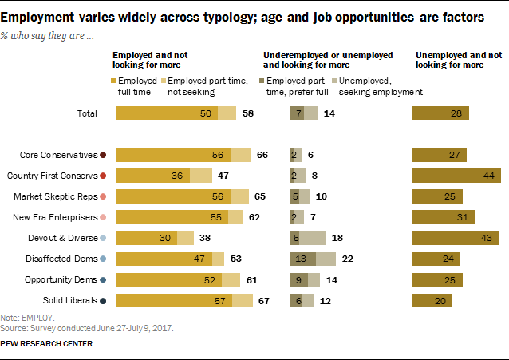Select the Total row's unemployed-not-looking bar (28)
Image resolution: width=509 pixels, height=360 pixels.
[440, 113]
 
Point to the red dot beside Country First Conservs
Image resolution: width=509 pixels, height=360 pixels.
[105, 176]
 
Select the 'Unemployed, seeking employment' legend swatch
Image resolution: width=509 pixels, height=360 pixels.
[334, 81]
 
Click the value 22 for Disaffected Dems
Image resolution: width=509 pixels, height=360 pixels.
[347, 259]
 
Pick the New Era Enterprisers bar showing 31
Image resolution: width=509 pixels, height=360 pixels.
[443, 217]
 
